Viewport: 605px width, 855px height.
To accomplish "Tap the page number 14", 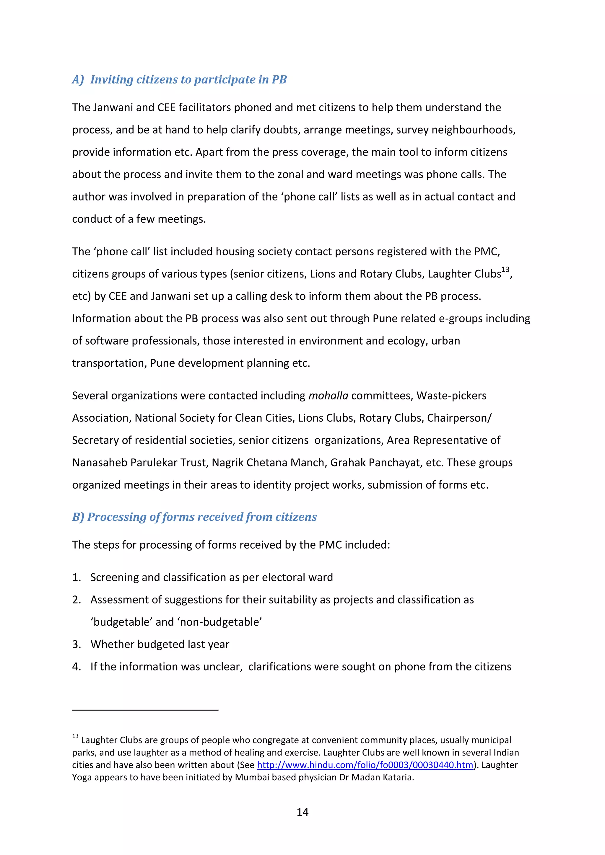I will point(302,812).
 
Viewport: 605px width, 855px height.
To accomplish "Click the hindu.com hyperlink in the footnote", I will point(365,765).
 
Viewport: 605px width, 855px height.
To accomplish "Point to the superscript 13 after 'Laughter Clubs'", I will point(505,270).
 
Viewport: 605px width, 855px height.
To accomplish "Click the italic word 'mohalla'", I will point(328,396).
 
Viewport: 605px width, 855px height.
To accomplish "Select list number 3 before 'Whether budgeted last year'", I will point(77,644).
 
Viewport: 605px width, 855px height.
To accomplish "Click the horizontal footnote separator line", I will point(145,710).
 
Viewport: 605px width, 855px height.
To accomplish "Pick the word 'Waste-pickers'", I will point(451,396).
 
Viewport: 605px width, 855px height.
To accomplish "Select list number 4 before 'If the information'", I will point(77,667).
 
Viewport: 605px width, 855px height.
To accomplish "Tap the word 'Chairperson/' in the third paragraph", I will point(459,418).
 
